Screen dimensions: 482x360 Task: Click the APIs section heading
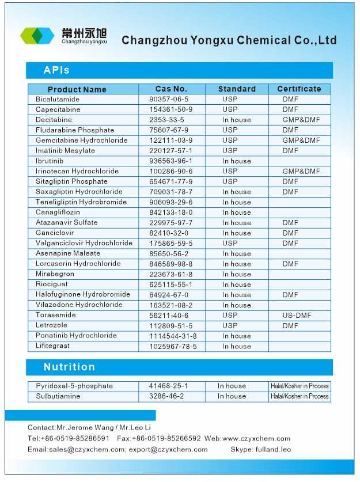[x=56, y=70]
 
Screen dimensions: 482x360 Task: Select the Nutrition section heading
[x=69, y=367]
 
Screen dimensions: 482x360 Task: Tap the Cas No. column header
[x=171, y=89]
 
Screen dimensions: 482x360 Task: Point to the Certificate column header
[x=299, y=89]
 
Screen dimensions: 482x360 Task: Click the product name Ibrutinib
[x=50, y=161]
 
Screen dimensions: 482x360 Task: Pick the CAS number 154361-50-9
[x=170, y=109]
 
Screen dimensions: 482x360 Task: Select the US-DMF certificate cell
[x=297, y=315]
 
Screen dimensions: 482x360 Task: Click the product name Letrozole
[x=51, y=325]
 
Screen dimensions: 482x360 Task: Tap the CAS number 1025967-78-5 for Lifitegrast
[x=173, y=346]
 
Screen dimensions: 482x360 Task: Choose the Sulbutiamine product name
[x=58, y=396]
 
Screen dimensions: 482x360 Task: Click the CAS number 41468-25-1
[x=168, y=386]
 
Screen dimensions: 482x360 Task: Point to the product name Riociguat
[x=51, y=284]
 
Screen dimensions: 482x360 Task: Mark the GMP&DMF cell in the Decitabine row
[x=301, y=120]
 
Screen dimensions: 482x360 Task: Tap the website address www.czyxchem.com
[x=256, y=438]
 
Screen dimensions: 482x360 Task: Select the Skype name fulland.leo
[x=273, y=449]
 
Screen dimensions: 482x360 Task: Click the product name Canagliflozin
[x=58, y=212]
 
